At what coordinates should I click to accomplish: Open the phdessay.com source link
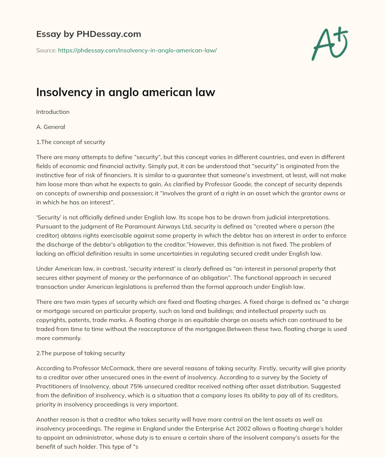coord(137,50)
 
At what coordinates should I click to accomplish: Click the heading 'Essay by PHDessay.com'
coord(89,34)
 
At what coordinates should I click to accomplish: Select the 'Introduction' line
coord(53,112)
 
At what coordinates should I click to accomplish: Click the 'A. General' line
coord(51,127)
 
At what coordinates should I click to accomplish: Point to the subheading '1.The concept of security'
coord(70,142)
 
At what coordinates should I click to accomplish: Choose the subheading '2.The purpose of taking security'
coord(80,353)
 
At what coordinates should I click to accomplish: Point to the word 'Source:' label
coord(46,50)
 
